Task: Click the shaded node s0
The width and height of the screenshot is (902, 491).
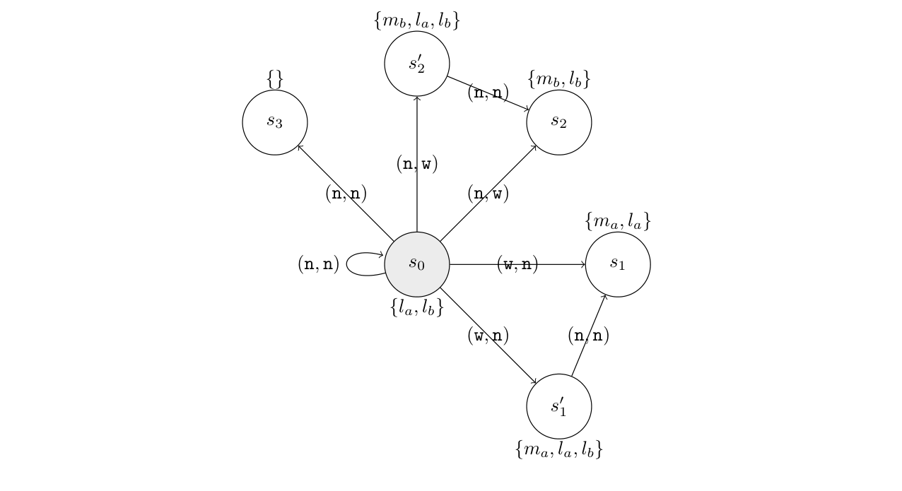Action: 416,264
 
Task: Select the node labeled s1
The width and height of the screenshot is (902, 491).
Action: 617,264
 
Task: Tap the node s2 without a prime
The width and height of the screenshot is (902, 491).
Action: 558,122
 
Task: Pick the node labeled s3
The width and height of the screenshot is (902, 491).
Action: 274,122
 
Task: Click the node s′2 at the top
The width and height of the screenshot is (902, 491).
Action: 416,64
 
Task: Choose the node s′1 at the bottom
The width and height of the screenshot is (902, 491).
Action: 558,406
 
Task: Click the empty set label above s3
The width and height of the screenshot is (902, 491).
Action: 274,79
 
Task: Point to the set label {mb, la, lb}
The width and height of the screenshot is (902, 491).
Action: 416,20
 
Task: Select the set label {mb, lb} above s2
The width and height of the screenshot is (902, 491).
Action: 558,79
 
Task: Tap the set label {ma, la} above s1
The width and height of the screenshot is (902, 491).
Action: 617,221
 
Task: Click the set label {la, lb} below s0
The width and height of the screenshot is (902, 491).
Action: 416,307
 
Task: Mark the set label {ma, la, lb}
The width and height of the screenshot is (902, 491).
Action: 558,449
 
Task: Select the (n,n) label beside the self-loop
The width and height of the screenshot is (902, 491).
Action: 318,264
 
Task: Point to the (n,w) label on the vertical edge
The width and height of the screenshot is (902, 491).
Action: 416,164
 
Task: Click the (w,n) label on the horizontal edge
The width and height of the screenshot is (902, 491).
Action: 517,264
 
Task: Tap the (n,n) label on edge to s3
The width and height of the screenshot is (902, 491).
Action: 346,193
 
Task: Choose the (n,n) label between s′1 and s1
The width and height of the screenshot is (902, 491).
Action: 588,336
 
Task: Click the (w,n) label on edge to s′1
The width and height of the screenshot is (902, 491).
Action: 488,335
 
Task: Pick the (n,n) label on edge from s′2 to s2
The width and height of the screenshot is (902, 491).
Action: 488,93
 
